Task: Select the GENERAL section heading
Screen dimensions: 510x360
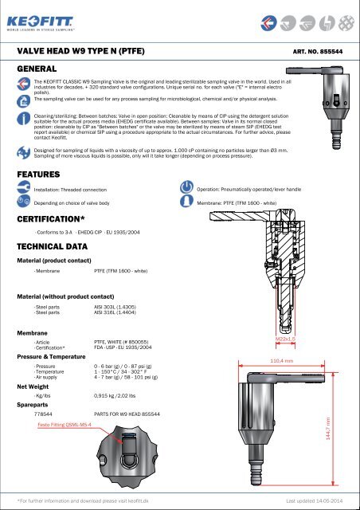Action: pyautogui.click(x=39, y=69)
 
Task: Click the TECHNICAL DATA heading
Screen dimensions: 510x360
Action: pyautogui.click(x=56, y=247)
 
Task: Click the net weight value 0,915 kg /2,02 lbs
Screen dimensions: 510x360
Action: pyautogui.click(x=119, y=395)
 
